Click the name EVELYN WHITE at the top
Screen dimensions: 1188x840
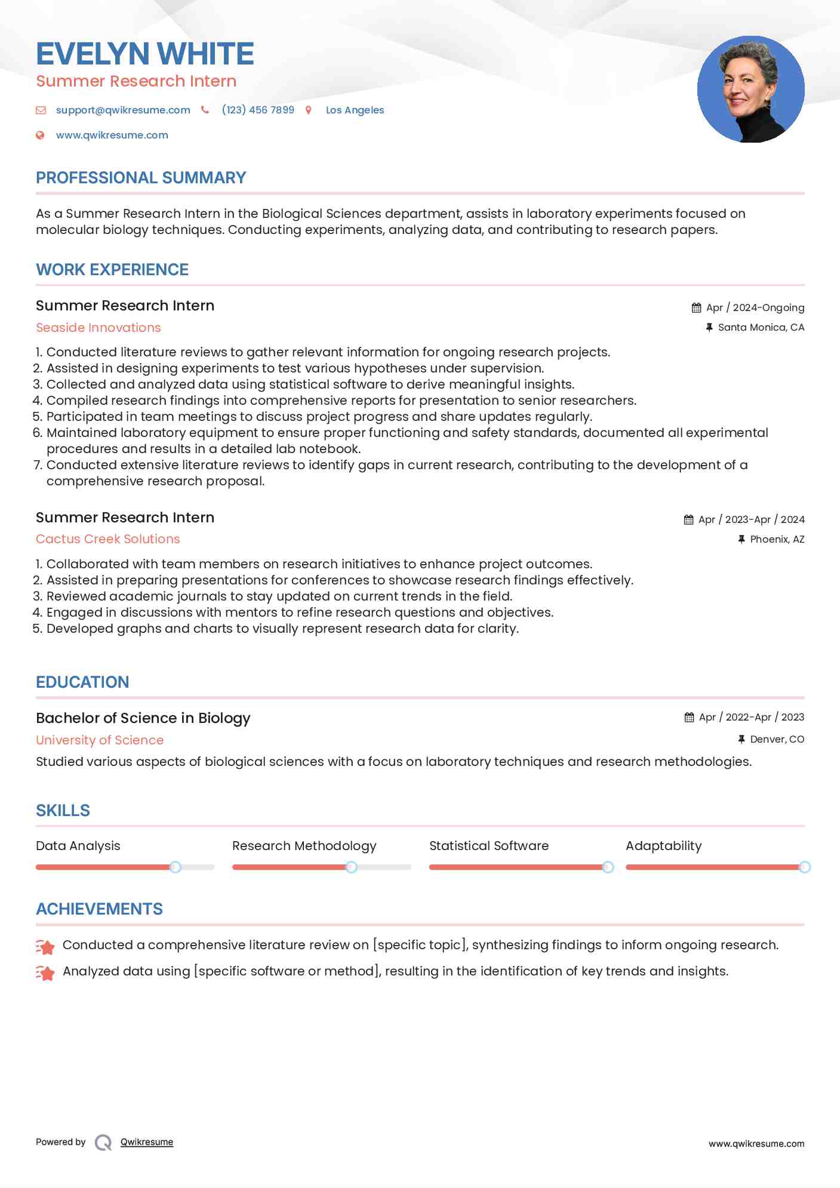pos(145,54)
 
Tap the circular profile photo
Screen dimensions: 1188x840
pos(750,90)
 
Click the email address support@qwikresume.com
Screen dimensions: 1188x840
pos(123,110)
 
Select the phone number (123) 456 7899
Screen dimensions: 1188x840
pos(258,110)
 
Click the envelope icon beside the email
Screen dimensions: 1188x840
pos(41,110)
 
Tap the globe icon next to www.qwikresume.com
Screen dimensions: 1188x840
pos(40,135)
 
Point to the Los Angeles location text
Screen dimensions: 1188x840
pos(355,110)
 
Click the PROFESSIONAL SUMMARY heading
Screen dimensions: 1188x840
pos(141,178)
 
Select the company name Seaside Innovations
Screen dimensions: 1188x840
pos(99,328)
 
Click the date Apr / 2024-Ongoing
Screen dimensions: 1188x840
pos(755,307)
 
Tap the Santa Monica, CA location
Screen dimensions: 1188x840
pos(761,327)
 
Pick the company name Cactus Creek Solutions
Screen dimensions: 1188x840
pos(107,539)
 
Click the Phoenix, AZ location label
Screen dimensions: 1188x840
pos(777,539)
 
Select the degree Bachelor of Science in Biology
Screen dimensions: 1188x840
pos(143,718)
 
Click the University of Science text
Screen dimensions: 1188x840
pos(100,740)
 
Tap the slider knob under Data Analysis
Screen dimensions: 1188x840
pos(175,867)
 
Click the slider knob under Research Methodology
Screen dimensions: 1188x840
pos(352,867)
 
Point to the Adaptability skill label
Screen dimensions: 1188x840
pos(663,846)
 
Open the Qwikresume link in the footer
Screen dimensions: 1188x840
pos(147,1142)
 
